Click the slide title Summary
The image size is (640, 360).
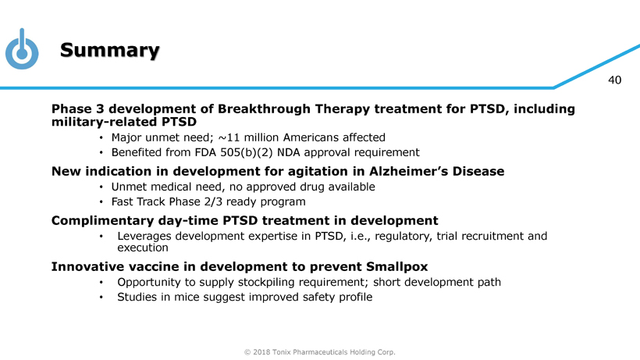point(110,50)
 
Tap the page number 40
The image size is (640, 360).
point(615,80)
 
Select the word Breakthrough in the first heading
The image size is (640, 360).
point(265,109)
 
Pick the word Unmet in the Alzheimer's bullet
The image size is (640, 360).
point(128,187)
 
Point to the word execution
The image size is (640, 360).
point(143,248)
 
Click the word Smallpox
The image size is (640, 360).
point(396,267)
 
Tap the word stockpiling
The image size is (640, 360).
point(279,283)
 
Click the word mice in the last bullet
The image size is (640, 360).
point(187,298)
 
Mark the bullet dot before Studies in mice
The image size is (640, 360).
point(101,298)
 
